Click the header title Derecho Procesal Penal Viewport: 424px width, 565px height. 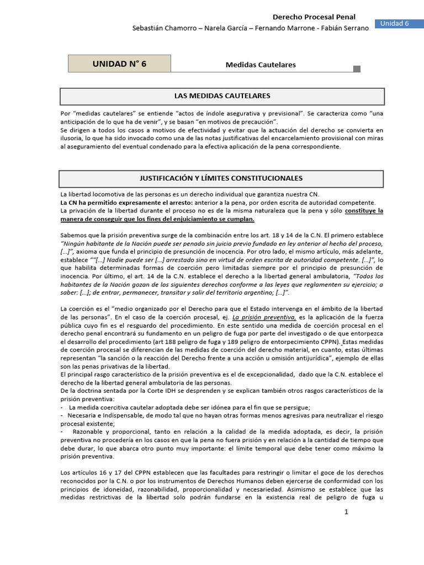click(x=315, y=17)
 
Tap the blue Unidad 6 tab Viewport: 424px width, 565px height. click(x=399, y=23)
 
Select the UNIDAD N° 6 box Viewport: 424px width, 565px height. click(x=119, y=63)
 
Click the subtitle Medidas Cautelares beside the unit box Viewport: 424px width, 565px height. click(x=261, y=65)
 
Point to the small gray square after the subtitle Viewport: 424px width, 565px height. click(x=357, y=69)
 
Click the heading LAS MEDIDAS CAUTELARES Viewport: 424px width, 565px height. click(x=222, y=96)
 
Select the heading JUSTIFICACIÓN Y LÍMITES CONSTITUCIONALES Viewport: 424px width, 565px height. click(x=222, y=178)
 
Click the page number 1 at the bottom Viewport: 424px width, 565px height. click(x=346, y=512)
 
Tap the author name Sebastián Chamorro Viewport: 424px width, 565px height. click(x=163, y=28)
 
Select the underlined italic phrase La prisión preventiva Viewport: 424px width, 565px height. click(x=264, y=318)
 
